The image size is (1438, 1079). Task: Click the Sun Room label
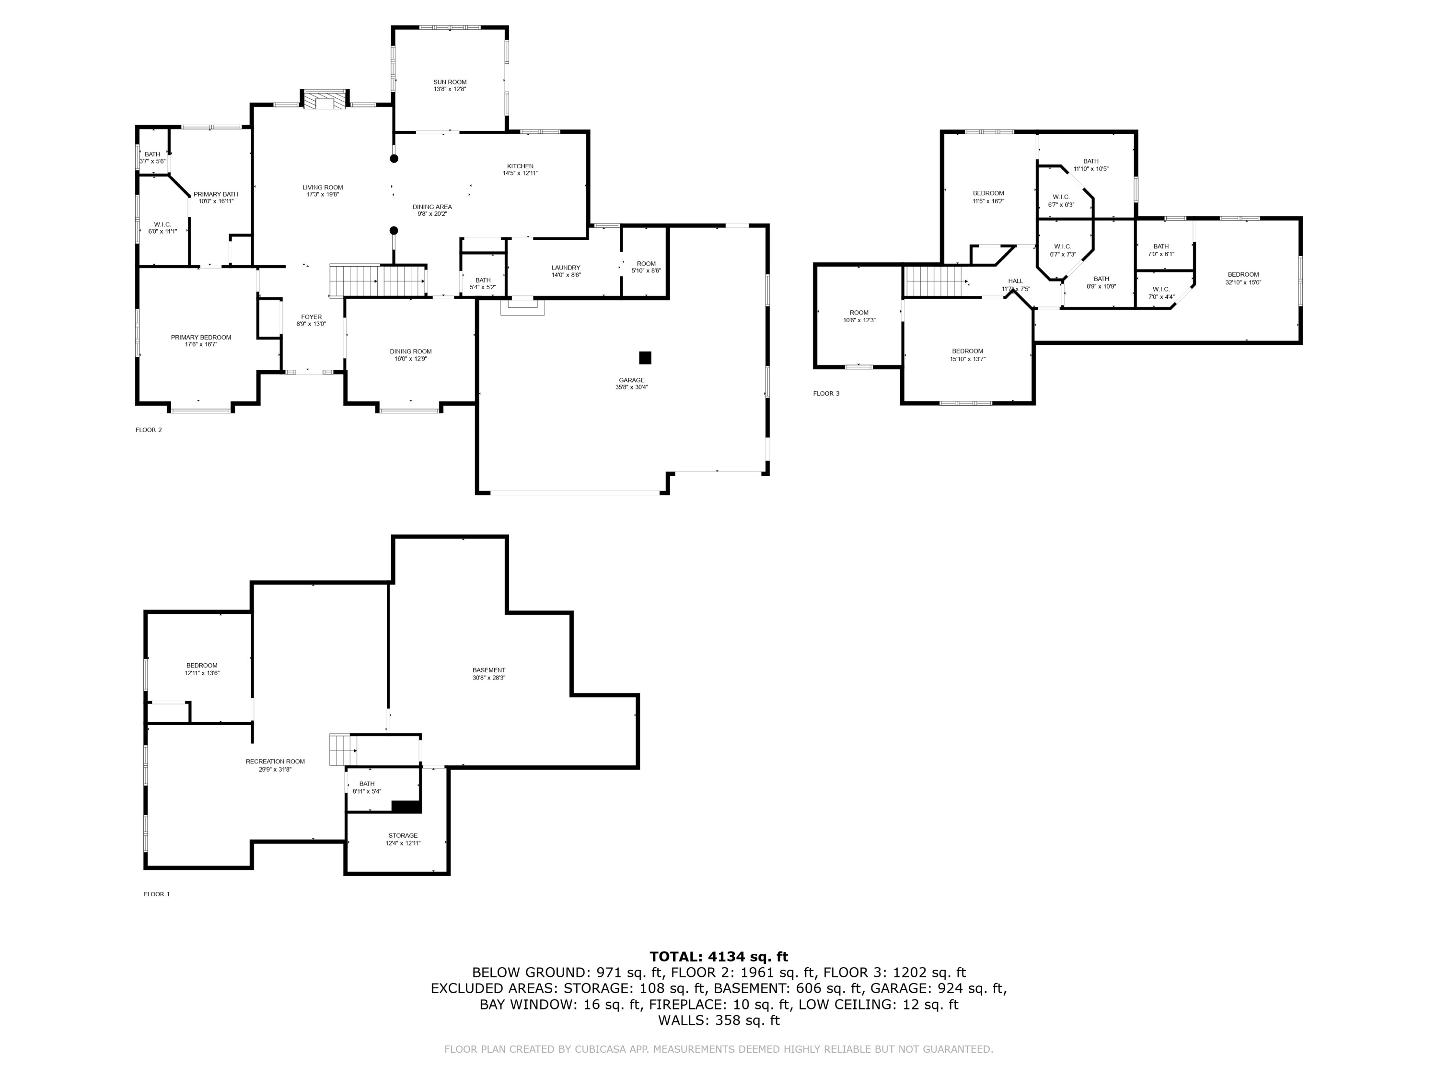click(x=450, y=82)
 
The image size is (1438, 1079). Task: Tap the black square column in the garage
click(x=645, y=358)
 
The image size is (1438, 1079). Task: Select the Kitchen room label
click(x=520, y=166)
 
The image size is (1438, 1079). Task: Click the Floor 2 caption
click(x=149, y=430)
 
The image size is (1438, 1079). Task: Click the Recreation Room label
click(x=275, y=762)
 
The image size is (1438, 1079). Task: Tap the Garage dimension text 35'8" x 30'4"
click(x=631, y=387)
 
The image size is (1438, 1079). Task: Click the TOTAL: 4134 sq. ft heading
click(x=719, y=957)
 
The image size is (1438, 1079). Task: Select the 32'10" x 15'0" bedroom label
click(x=1243, y=274)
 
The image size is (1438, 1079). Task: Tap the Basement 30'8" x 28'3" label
click(x=489, y=670)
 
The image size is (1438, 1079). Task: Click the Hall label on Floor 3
click(x=1015, y=281)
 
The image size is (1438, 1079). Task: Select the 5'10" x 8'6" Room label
click(x=646, y=263)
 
